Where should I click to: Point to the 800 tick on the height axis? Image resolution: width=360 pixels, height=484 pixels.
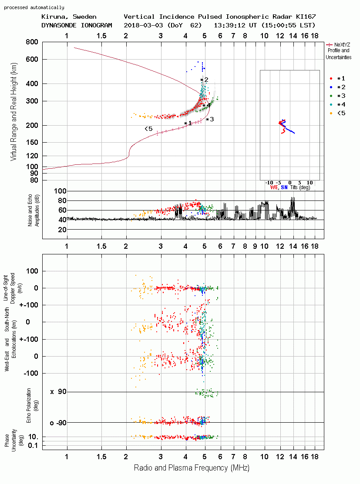click(32, 42)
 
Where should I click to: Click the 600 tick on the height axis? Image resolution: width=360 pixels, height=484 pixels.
click(32, 59)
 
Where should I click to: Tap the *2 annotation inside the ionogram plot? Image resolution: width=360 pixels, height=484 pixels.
click(205, 80)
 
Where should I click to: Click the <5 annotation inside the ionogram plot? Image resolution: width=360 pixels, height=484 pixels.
click(148, 129)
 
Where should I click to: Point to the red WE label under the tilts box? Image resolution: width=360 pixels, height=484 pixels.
click(274, 187)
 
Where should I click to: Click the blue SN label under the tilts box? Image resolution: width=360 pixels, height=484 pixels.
click(284, 187)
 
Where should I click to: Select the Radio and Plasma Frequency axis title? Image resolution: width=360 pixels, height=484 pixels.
click(192, 468)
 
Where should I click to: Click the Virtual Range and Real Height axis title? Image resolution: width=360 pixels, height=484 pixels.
click(14, 112)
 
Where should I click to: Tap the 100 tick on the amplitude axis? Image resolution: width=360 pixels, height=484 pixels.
click(60, 191)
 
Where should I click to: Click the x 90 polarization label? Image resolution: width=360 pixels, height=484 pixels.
click(58, 392)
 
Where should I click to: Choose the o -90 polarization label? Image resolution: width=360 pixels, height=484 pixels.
click(58, 423)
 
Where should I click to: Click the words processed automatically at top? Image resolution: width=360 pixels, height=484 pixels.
click(34, 7)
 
